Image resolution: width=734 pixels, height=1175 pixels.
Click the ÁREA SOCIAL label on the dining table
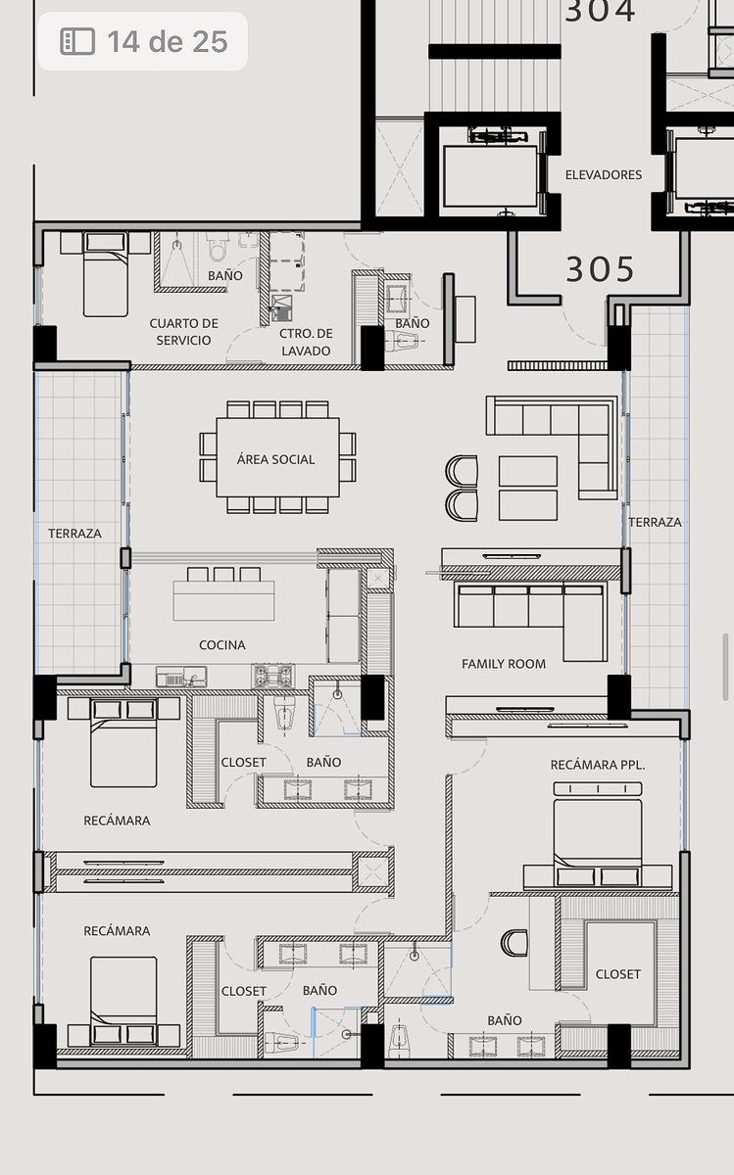click(275, 459)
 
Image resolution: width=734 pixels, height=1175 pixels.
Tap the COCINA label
click(222, 644)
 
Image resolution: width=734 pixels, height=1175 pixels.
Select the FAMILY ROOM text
click(504, 664)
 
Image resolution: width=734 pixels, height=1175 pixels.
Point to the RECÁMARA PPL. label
click(598, 765)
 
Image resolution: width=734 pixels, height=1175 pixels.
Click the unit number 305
click(600, 269)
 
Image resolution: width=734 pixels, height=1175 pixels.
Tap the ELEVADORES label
click(604, 174)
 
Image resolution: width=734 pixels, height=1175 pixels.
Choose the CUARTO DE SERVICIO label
click(184, 332)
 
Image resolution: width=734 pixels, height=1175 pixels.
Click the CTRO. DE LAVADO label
click(306, 342)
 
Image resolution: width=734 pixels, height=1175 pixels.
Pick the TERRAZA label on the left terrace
click(74, 534)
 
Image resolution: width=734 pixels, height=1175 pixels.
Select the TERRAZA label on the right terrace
click(655, 522)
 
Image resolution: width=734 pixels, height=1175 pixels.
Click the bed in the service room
click(106, 274)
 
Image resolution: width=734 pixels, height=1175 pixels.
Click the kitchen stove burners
click(273, 676)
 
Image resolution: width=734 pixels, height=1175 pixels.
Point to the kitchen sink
click(181, 677)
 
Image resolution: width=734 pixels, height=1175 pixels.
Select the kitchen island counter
click(223, 600)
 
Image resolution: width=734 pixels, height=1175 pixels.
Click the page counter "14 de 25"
click(168, 41)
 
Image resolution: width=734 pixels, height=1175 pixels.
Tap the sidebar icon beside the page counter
click(77, 41)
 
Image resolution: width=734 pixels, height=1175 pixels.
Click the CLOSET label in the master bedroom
click(618, 974)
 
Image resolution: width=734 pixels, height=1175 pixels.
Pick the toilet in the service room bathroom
click(218, 247)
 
